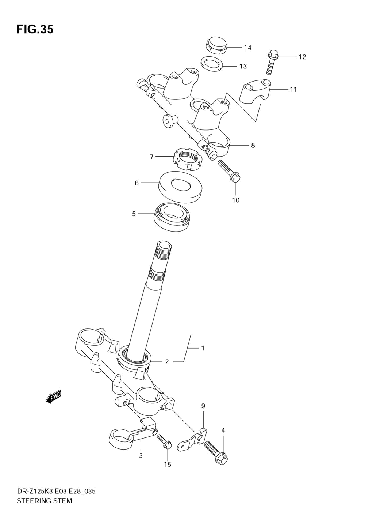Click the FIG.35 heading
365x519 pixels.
coord(35,29)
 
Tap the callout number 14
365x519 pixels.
coord(247,48)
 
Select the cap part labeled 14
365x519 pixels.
coord(216,45)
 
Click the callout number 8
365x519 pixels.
coord(253,145)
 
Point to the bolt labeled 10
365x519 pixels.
coord(228,170)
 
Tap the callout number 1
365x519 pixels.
coord(203,348)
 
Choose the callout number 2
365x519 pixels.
coord(167,362)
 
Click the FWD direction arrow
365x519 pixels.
coord(54,396)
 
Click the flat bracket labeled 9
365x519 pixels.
coord(193,440)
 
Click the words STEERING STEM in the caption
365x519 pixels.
coord(44,501)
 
